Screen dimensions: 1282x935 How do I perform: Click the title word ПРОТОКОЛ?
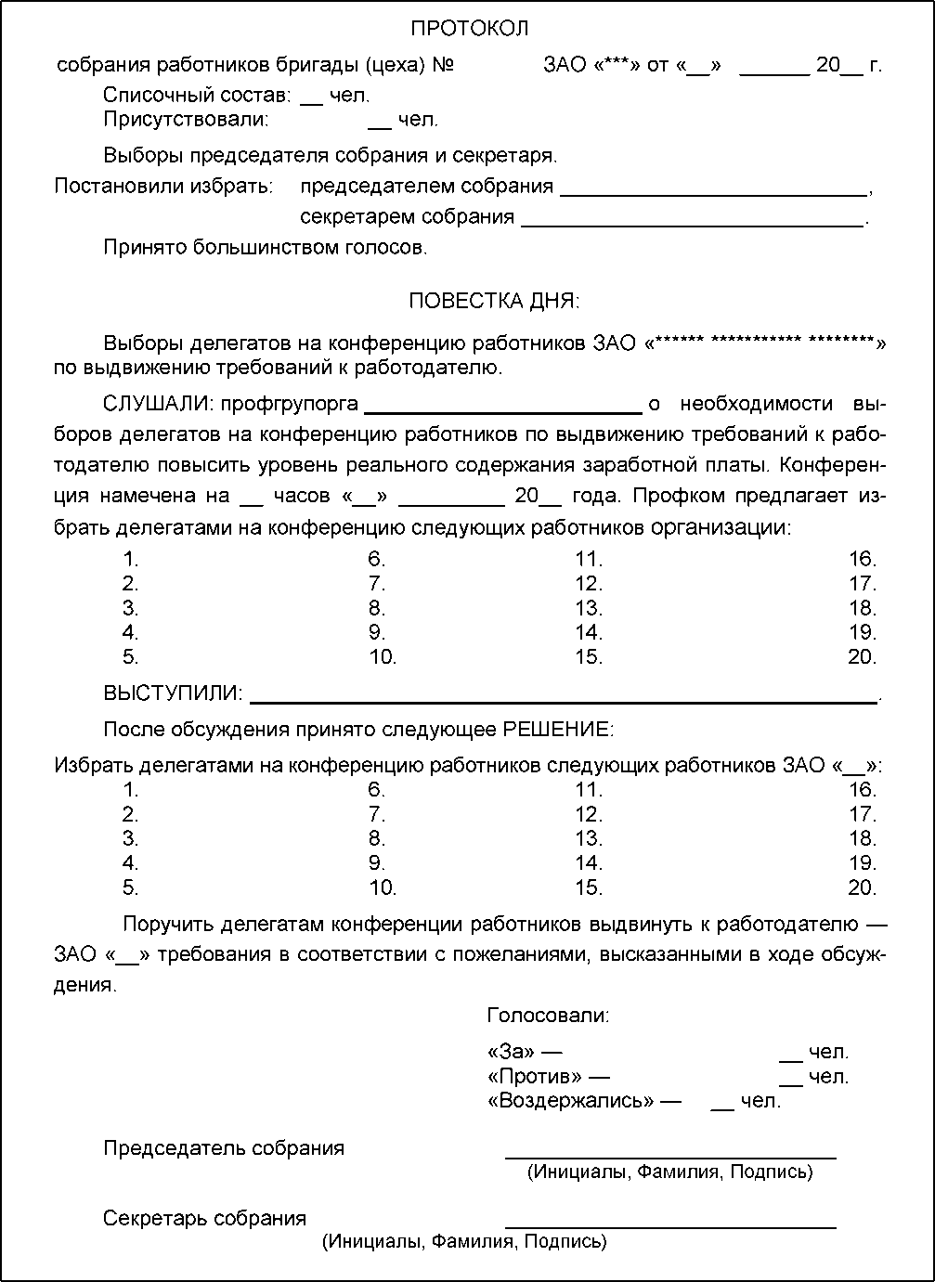469,29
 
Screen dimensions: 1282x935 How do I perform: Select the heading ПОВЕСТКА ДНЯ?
493,301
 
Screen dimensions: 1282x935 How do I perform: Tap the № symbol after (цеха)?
444,65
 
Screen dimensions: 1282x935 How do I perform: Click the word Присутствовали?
186,120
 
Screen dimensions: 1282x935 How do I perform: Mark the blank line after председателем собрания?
713,194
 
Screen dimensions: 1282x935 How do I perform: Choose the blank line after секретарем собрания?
693,224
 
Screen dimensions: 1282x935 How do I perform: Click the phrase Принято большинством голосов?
265,247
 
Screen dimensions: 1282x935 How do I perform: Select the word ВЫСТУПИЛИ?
173,693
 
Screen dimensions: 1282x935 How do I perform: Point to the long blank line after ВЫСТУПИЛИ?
564,701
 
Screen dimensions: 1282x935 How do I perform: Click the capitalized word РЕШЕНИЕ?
557,730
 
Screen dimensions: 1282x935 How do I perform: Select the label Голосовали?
548,1016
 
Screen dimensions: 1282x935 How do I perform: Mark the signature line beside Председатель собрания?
669,1157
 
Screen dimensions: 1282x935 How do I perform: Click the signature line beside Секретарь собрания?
669,1226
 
